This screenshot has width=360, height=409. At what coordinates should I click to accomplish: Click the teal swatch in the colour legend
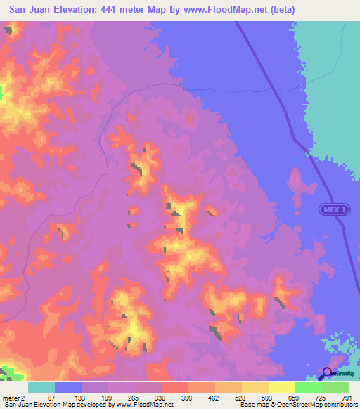coord(41,387)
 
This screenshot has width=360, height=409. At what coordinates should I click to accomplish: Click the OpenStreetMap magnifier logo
coord(328,373)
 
